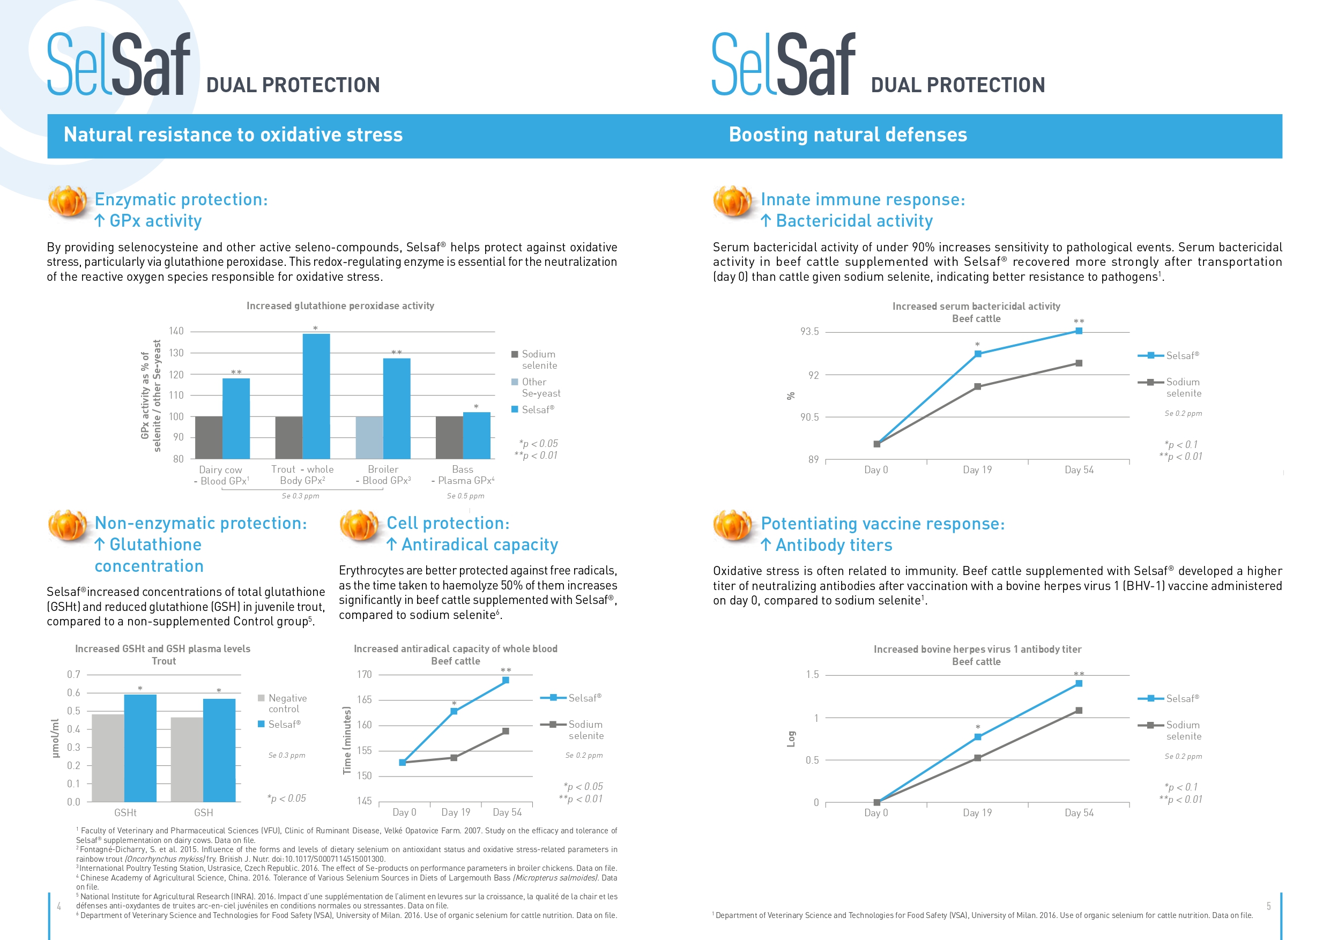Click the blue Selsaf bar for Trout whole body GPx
point(316,396)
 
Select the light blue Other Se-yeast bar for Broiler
point(369,438)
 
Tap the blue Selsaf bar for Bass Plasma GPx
point(477,436)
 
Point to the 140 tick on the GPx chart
point(176,331)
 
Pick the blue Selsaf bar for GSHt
point(140,748)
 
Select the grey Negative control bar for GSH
point(187,760)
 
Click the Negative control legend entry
point(283,703)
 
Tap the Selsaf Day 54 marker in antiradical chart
point(506,680)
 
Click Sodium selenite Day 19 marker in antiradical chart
point(454,758)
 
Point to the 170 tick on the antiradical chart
point(365,674)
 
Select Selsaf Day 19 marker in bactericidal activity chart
point(978,354)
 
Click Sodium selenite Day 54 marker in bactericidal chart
point(1079,363)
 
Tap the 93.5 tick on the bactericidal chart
point(810,331)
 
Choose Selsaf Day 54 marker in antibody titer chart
point(1079,683)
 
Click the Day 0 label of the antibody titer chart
point(876,812)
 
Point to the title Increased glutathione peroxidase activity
point(340,306)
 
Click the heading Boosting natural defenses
point(848,135)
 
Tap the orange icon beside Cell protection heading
point(360,526)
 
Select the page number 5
point(1268,906)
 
